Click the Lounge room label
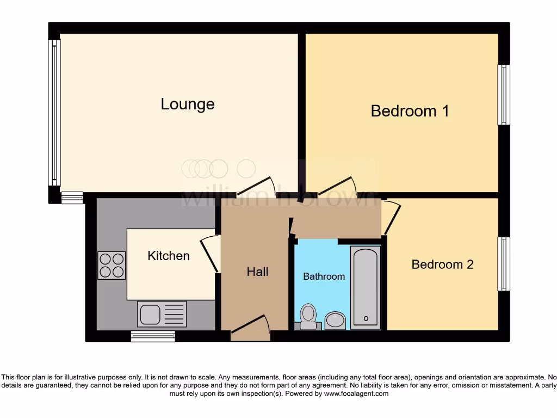(x=188, y=104)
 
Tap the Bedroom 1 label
(x=410, y=111)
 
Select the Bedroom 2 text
(x=442, y=265)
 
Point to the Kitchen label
(x=169, y=255)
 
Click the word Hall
(x=257, y=272)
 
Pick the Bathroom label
(x=324, y=276)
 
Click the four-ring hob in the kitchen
(x=112, y=265)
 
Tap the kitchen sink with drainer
(x=162, y=314)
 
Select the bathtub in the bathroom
(x=365, y=287)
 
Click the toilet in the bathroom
(x=308, y=316)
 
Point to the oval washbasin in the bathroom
(x=335, y=320)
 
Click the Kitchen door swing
(x=210, y=254)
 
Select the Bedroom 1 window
(x=504, y=95)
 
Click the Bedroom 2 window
(x=504, y=264)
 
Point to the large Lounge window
(x=54, y=113)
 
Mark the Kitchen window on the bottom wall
(x=153, y=336)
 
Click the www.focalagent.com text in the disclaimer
(x=356, y=394)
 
